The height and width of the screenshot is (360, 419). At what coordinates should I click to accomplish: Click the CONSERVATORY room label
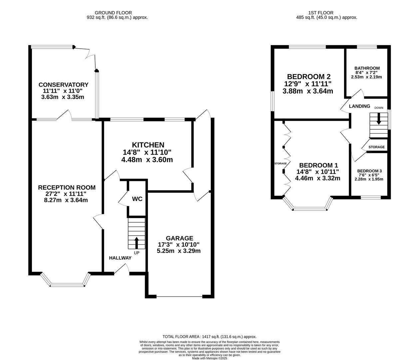tap(63, 85)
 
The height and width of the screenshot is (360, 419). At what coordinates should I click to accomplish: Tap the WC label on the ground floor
tap(137, 199)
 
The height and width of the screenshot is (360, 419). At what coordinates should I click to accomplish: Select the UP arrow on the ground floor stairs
tap(137, 243)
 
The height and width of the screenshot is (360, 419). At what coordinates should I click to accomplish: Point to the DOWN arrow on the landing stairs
tap(378, 119)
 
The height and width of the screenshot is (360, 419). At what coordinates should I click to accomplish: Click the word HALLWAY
tap(120, 258)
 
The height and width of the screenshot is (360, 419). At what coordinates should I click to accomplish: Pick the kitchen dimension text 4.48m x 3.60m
tap(147, 160)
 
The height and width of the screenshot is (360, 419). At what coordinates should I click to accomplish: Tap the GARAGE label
tap(180, 238)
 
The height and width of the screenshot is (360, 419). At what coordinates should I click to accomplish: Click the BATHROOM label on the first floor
tap(367, 68)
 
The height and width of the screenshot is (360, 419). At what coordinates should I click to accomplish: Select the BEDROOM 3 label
tap(369, 171)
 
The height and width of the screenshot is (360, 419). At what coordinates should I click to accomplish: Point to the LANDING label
tap(359, 106)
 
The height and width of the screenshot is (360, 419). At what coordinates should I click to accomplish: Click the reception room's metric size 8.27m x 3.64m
tap(66, 200)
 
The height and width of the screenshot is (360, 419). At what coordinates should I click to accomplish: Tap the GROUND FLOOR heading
tap(113, 13)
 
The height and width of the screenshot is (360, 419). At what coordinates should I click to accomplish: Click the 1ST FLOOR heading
tap(321, 13)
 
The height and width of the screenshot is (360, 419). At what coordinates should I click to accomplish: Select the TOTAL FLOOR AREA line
tap(209, 337)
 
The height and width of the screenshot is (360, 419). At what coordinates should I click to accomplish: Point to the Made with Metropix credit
tap(209, 358)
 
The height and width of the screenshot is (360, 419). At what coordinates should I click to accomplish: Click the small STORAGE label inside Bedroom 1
tap(280, 163)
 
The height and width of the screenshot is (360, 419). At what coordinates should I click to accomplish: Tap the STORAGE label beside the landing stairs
tap(376, 147)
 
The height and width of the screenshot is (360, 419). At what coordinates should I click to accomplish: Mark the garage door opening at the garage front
tap(180, 297)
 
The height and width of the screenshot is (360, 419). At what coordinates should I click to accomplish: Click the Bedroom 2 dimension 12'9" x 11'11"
tap(308, 84)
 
